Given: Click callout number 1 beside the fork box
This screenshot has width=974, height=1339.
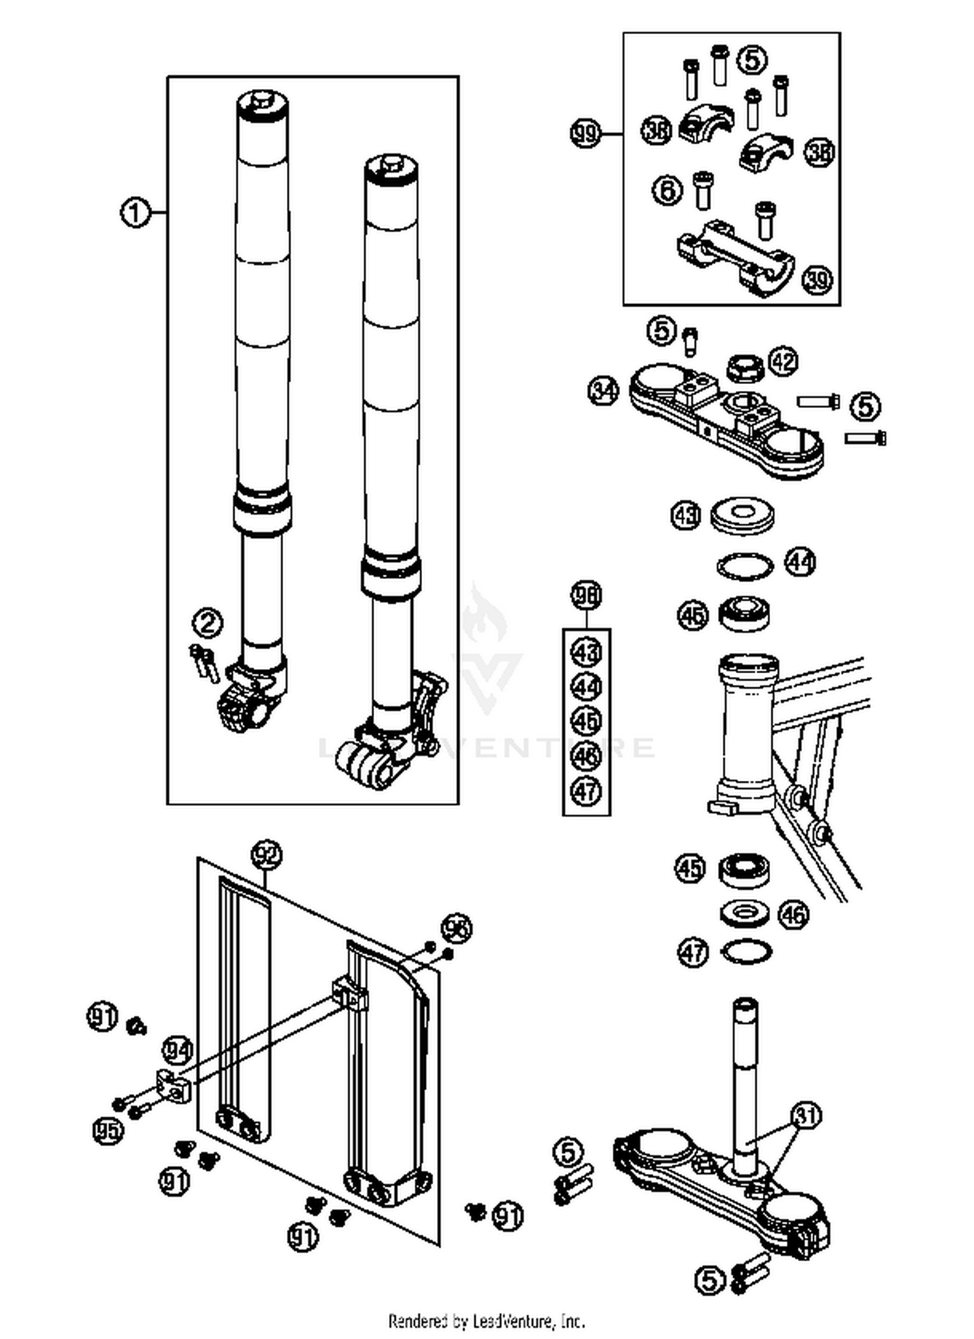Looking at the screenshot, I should (135, 213).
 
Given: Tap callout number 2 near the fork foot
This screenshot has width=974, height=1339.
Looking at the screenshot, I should (208, 623).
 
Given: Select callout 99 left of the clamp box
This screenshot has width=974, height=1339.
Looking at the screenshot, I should (585, 134).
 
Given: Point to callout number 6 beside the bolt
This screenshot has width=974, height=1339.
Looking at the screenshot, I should (668, 190).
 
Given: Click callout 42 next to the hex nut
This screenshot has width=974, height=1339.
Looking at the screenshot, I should (783, 361).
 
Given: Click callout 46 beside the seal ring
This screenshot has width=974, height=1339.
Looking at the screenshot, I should (793, 915).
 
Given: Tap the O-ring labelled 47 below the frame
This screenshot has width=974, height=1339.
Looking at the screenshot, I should (747, 952).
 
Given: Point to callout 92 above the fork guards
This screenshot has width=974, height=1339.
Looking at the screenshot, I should (267, 854).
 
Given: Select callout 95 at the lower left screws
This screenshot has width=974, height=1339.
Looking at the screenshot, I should (108, 1131).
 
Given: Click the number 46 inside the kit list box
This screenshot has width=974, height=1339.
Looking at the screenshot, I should (586, 756).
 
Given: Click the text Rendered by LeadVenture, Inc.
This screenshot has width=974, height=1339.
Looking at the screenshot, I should (486, 1321).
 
